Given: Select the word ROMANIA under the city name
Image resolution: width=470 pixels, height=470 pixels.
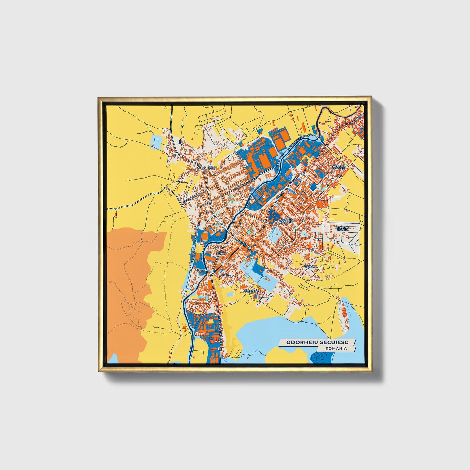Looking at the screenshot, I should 336,348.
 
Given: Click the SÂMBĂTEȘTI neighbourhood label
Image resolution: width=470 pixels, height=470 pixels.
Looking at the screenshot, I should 204,168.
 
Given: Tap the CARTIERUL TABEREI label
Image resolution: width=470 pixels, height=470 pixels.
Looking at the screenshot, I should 288,221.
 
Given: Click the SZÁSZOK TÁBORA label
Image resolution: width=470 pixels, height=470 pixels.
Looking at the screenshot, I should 342,228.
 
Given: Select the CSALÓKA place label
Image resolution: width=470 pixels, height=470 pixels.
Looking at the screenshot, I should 311,267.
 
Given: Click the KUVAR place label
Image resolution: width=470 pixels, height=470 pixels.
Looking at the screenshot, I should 226,275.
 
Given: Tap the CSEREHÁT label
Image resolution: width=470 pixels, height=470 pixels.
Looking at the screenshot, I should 251,291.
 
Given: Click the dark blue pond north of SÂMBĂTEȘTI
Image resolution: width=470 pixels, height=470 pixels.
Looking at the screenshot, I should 180,141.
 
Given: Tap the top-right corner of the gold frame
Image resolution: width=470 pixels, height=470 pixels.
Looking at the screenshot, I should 371,97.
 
